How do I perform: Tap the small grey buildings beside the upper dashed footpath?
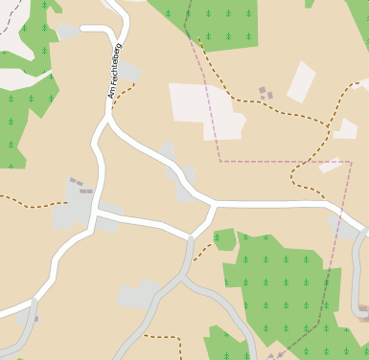pos(265,93)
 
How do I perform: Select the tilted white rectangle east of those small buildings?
pos(301,81)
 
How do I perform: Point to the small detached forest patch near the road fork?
pos(224,238)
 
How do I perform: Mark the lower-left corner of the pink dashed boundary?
pos(220,161)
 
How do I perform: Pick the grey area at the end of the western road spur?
pos(68,33)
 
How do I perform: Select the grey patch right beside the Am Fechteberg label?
pos(128,71)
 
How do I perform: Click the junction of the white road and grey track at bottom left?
pos(33,304)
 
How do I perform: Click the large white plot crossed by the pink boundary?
pos(205,108)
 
